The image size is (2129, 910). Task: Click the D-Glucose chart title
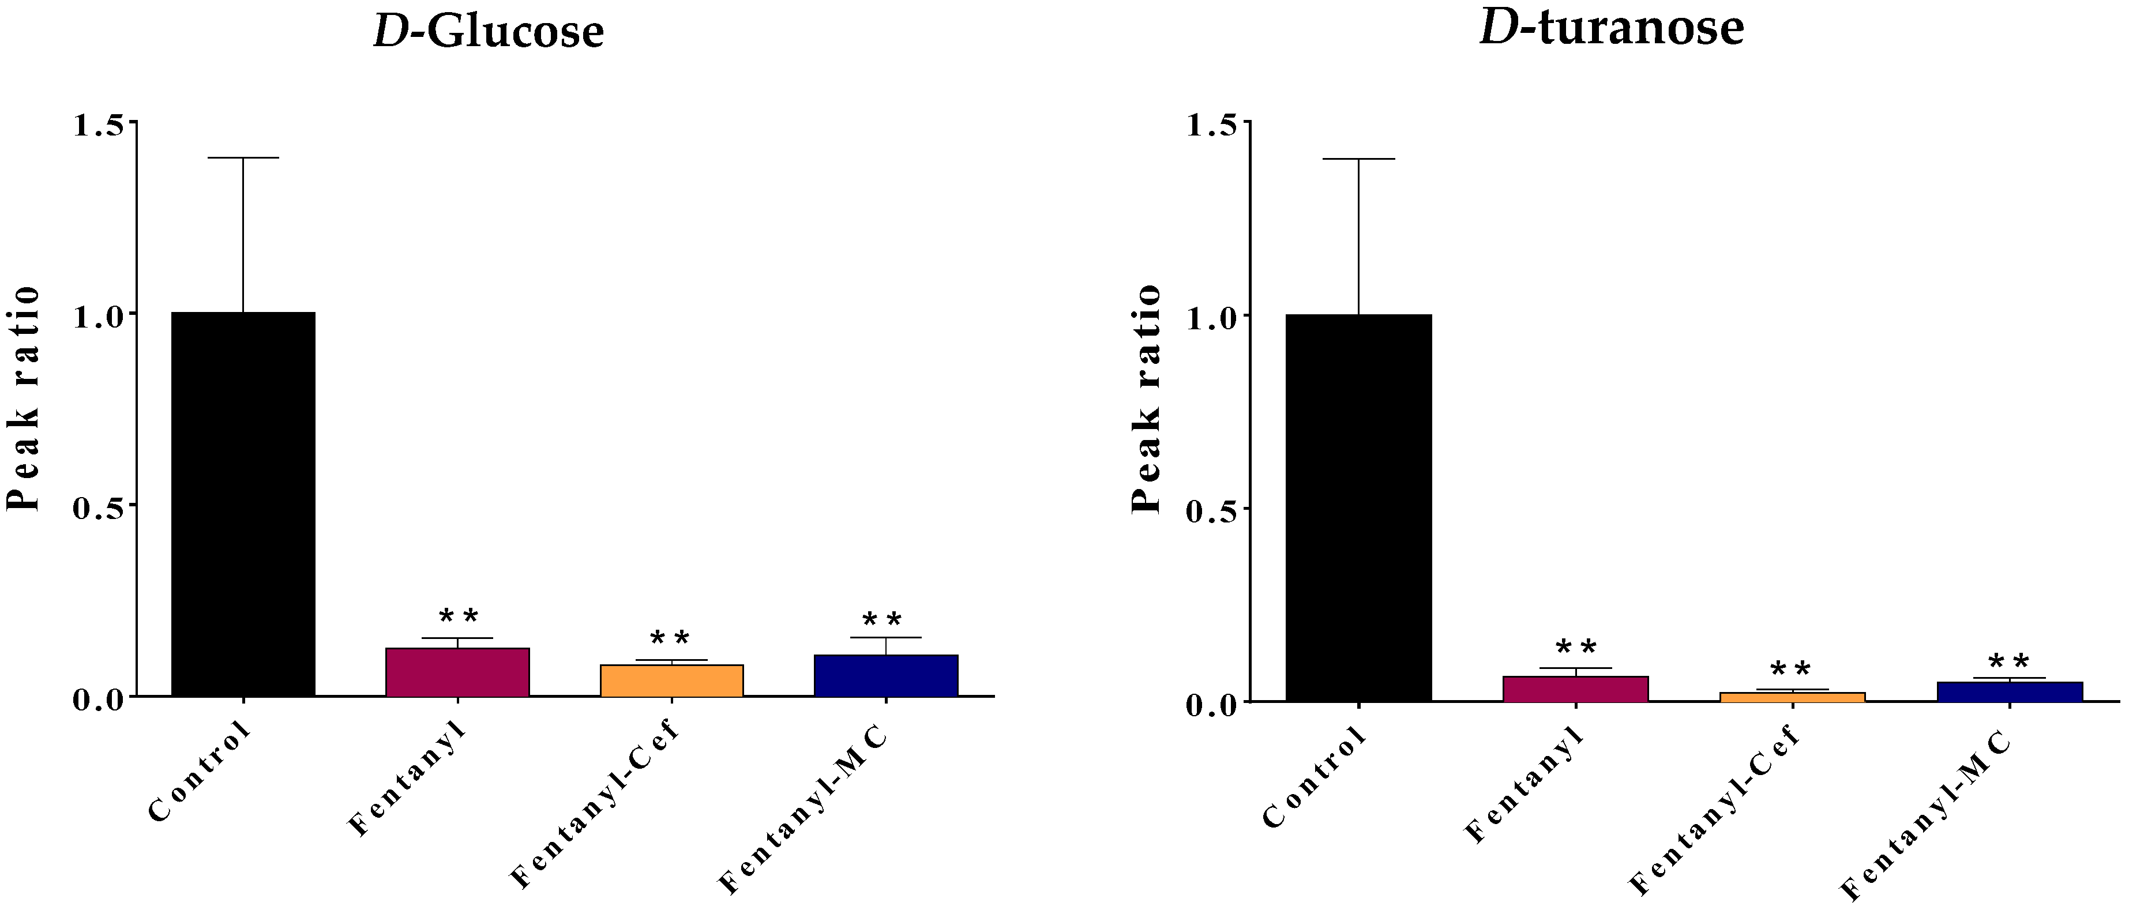489,31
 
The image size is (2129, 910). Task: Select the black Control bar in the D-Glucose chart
243,504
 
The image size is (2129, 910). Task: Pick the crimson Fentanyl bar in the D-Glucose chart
457,673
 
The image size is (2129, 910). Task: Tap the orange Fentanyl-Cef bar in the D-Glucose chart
671,681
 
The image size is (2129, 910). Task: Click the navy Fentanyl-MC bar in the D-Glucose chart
886,676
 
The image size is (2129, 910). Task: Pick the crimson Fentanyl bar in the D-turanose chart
1575,689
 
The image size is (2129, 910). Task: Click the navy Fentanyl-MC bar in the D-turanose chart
2009,692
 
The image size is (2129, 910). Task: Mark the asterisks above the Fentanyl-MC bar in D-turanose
2008,662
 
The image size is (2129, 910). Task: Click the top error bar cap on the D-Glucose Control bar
243,157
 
